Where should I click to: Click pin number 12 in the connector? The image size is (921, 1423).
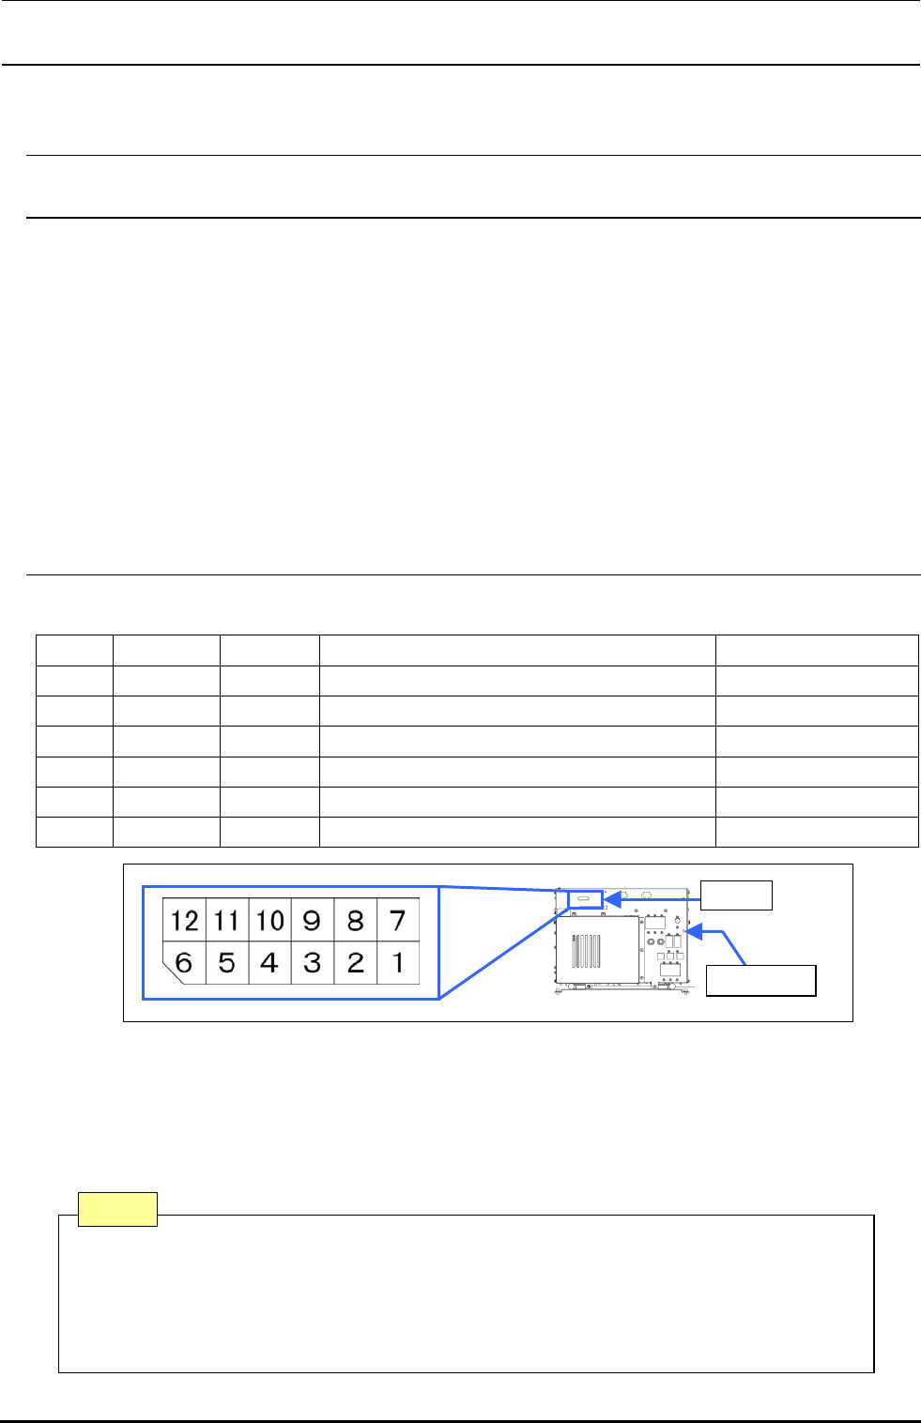coord(184,920)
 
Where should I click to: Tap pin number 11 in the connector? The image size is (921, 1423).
coord(226,920)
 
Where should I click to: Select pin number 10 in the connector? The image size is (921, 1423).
coord(269,920)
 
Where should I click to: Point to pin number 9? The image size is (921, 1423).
coord(313,920)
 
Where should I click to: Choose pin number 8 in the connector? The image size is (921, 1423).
coord(355,920)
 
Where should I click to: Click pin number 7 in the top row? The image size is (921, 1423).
coord(397,920)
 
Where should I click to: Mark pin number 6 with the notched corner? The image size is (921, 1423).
coord(184,962)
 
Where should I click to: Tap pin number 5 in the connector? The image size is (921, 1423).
coord(226,962)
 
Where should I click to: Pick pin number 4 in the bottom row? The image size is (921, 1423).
coord(269,962)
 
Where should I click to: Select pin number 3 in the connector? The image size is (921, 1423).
coord(313,962)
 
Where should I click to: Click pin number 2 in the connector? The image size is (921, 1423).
coord(355,962)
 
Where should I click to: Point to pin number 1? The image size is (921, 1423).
coord(397,962)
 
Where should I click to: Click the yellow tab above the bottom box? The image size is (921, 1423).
coord(117,1209)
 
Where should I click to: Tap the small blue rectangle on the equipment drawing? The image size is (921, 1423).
coord(586,899)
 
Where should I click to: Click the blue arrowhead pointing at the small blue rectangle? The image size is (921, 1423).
coord(611,899)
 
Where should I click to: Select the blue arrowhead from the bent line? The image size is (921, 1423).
coord(694,932)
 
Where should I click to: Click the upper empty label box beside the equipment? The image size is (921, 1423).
coord(737,895)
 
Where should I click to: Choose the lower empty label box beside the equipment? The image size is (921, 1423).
coord(760,980)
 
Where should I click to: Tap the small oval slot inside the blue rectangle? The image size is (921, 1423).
coord(584,899)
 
